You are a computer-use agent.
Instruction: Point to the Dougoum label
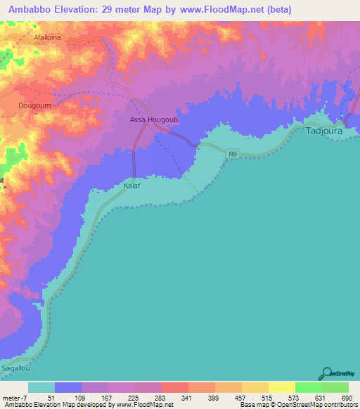33,106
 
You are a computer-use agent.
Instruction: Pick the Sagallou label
18,368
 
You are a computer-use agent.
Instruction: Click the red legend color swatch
174,387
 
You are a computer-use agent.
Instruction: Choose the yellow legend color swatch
281,387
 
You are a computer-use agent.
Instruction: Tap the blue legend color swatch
68,387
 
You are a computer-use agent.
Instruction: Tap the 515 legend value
268,398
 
